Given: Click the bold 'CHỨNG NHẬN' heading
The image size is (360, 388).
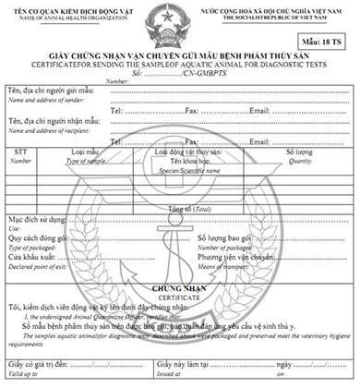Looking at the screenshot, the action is coord(178,287).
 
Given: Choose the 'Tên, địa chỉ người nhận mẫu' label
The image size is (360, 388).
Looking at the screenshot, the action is coord(54,120).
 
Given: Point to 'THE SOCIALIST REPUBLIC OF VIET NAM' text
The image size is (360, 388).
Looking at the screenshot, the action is coord(289,17).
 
